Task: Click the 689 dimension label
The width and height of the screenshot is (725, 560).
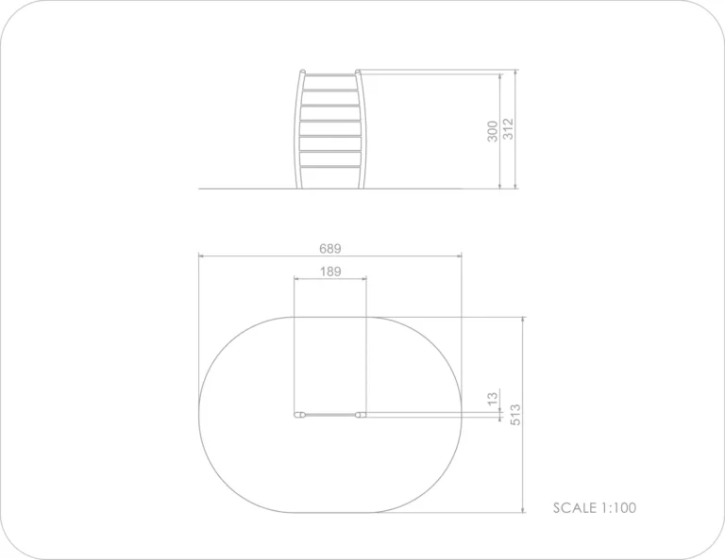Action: click(330, 249)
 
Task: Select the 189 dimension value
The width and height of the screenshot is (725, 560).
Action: click(330, 272)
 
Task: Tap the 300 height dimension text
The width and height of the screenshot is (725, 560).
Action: click(493, 131)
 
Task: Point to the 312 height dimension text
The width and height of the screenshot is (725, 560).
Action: click(508, 129)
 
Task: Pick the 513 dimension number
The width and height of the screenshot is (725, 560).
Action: click(515, 415)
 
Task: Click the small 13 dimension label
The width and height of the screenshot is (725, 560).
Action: click(493, 399)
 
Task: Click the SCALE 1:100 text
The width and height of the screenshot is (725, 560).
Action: click(595, 508)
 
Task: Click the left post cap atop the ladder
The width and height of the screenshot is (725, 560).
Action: click(302, 72)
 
